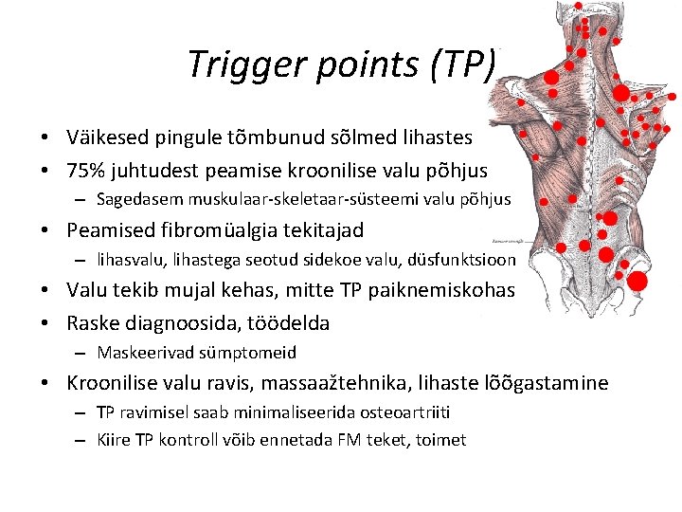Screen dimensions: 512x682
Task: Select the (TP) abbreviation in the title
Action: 462,64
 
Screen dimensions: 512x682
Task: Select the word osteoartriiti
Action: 399,412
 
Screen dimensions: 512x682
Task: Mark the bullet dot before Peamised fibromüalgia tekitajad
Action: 45,229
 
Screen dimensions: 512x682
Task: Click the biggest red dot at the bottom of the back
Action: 637,281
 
